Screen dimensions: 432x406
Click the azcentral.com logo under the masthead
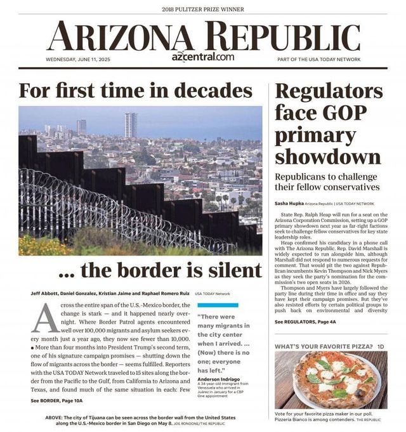tap(202, 56)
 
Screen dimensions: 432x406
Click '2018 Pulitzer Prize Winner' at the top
tap(202, 9)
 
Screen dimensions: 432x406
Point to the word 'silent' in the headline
tap(232, 270)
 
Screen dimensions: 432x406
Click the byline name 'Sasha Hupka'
tap(289, 204)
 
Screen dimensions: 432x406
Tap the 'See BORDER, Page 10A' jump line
tap(56, 400)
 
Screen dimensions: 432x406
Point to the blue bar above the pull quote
tap(218, 305)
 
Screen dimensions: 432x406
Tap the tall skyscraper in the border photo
tap(131, 125)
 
